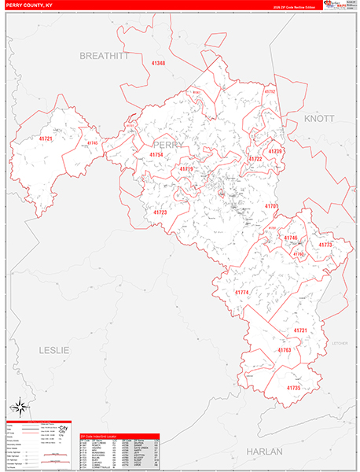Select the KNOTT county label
[319, 118]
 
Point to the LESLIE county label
[53, 349]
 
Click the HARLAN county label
[264, 452]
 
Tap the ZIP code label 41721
[46, 139]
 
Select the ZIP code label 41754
[156, 156]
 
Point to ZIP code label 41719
[186, 169]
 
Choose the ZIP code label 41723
[160, 212]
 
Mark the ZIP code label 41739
[275, 151]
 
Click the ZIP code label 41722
[255, 159]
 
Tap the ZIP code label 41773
[325, 245]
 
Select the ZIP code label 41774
[241, 293]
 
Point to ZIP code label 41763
[284, 349]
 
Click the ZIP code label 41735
[293, 388]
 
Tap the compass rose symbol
[22, 408]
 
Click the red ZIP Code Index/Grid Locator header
[119, 436]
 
